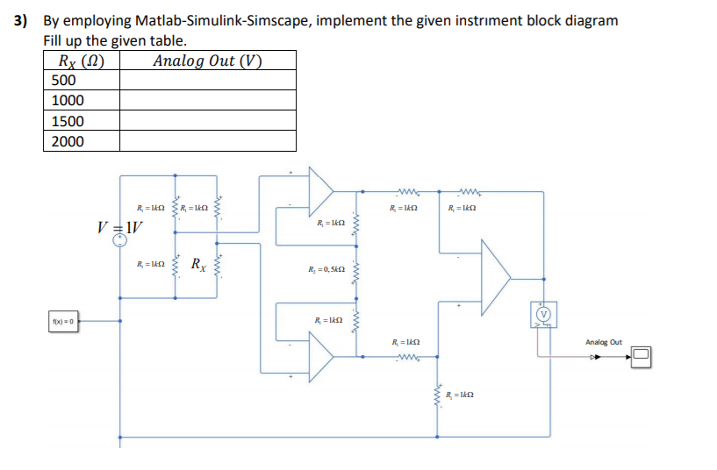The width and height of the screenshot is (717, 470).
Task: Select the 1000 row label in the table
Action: (x=68, y=100)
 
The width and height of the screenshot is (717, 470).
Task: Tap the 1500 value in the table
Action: (x=68, y=120)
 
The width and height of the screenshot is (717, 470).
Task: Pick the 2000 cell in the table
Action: (x=68, y=141)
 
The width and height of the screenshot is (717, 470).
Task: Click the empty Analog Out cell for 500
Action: (x=207, y=80)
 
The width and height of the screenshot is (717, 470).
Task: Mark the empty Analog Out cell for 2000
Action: (x=207, y=141)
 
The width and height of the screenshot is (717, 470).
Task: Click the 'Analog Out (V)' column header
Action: (x=207, y=60)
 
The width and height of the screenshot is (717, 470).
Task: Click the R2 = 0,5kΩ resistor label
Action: (x=324, y=270)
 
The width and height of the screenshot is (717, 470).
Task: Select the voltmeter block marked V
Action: (x=542, y=313)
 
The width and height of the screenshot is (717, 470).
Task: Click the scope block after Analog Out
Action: (x=642, y=355)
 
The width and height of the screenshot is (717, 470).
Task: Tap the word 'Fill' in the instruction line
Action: (x=54, y=40)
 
